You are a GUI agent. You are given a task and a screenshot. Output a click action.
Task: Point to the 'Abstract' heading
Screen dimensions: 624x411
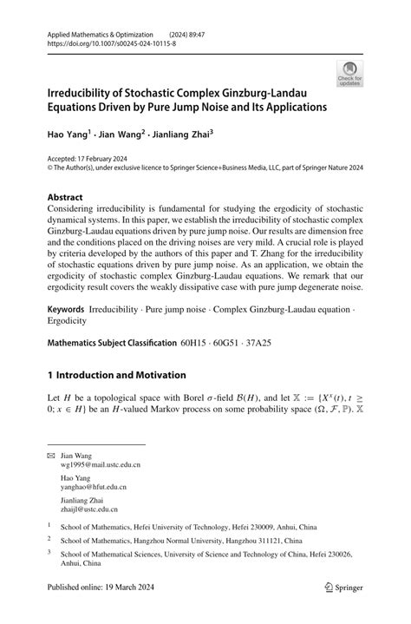(x=69, y=197)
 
